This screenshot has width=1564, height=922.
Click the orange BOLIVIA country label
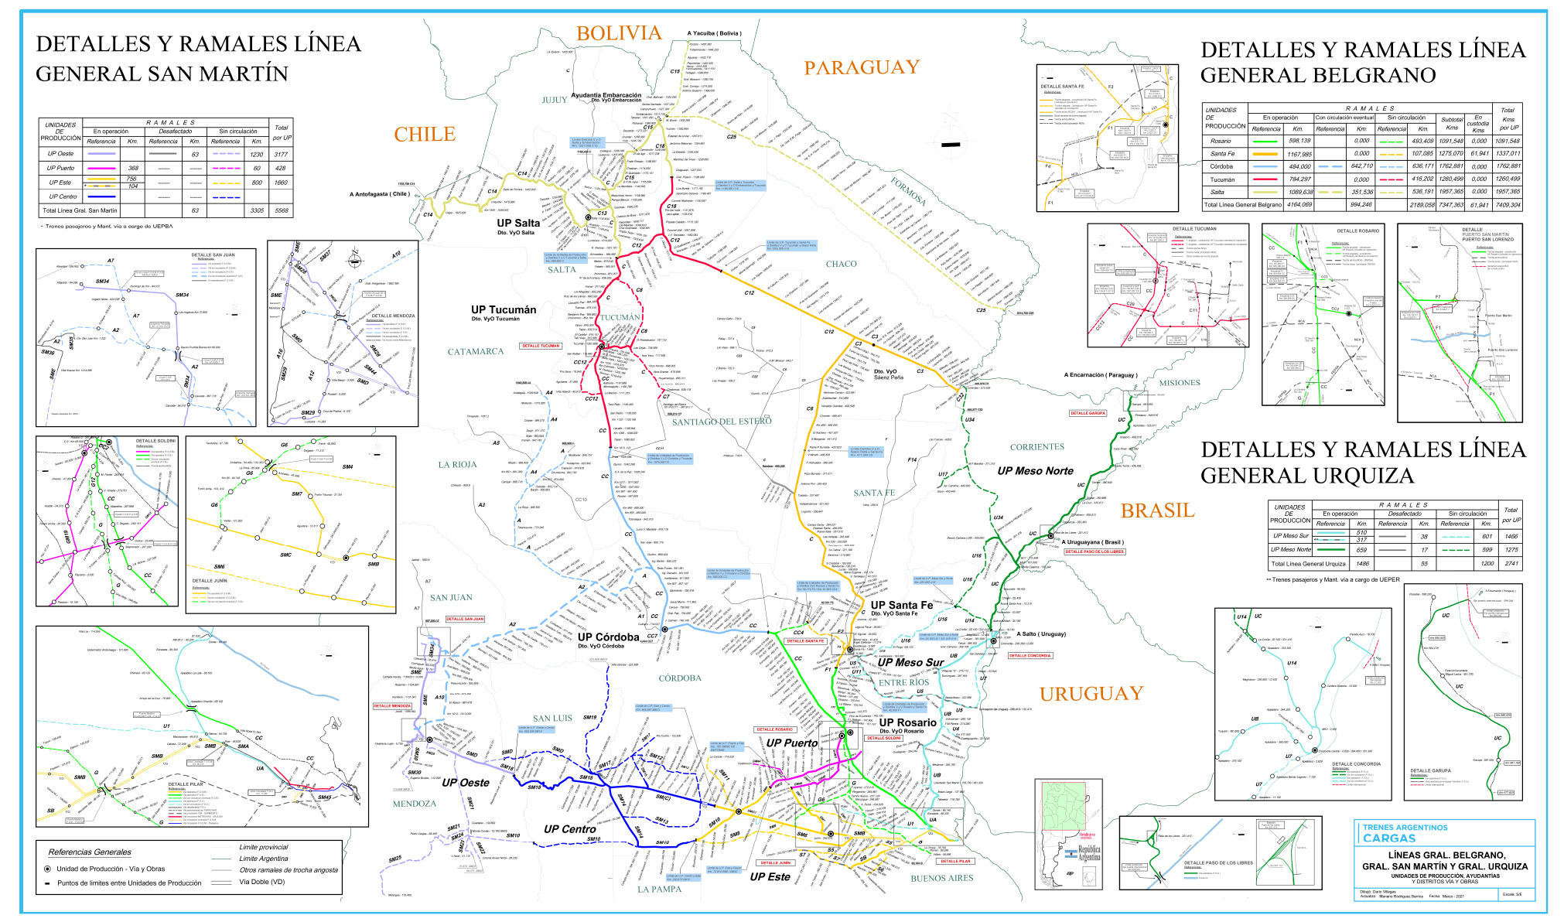tap(619, 33)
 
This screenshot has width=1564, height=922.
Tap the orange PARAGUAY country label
tap(862, 68)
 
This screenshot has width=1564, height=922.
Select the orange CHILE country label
tap(425, 135)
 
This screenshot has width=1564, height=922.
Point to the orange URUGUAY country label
tap(1091, 694)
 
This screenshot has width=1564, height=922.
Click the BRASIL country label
tap(1157, 511)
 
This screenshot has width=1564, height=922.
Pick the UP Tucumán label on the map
tap(504, 309)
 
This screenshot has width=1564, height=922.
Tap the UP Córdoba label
tap(608, 637)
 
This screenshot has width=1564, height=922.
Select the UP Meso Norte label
tap(1035, 470)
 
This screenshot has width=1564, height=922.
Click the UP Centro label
tap(569, 828)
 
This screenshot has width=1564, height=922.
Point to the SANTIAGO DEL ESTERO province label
tap(721, 422)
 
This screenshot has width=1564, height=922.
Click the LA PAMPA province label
tap(659, 889)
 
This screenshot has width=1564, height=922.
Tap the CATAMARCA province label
tap(475, 351)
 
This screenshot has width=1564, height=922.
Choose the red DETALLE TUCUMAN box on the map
tap(541, 346)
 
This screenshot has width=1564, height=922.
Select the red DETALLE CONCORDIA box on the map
tap(1030, 655)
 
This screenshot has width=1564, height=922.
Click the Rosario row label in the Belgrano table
tap(1221, 141)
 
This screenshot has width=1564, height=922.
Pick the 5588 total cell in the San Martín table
tap(281, 210)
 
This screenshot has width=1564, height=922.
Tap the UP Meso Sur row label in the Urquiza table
tap(1291, 535)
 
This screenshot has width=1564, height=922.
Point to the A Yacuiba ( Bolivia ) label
tap(714, 33)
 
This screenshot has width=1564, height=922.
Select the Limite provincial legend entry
tap(263, 847)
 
